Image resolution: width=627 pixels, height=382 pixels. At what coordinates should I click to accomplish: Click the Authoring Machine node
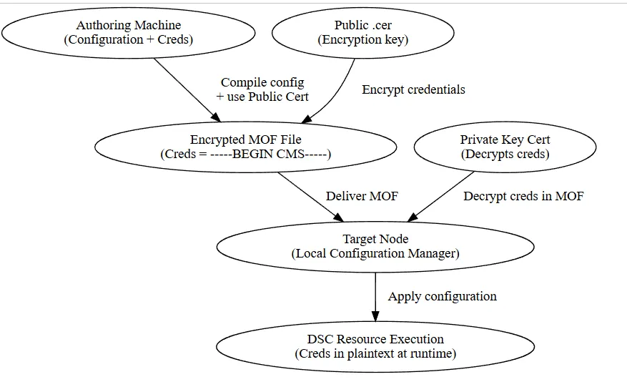(x=129, y=32)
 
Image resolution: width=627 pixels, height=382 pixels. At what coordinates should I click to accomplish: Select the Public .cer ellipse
(x=363, y=32)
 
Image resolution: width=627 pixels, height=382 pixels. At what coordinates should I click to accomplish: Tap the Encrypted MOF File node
(x=245, y=147)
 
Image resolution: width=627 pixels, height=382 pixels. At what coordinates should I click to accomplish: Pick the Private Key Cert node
(x=505, y=147)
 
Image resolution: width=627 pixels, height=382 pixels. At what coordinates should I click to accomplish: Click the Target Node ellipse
(x=375, y=246)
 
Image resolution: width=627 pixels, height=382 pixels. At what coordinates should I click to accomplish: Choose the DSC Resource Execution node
(x=375, y=346)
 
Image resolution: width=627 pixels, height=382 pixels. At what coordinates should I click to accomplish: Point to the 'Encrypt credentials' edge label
(x=413, y=89)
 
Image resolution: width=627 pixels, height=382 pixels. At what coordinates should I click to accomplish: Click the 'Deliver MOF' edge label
(x=362, y=196)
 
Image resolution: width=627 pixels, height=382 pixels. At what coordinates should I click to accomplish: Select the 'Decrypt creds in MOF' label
(x=523, y=196)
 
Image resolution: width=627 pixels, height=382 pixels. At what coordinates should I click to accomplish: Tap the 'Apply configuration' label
(x=442, y=296)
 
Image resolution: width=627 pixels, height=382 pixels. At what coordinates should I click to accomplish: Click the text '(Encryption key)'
(x=363, y=40)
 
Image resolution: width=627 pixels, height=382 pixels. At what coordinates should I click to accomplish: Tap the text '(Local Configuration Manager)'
(x=375, y=254)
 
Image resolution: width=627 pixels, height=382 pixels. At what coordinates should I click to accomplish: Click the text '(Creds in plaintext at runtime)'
(x=375, y=354)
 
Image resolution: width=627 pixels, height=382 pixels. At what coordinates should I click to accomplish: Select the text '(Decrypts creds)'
(x=505, y=155)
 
